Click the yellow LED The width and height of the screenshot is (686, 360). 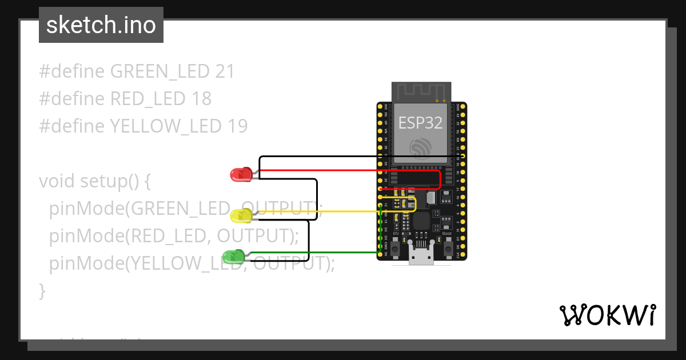pos(241,215)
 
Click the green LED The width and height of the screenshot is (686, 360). pos(233,257)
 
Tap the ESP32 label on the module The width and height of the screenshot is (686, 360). pos(421,122)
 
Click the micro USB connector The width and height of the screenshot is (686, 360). pos(421,257)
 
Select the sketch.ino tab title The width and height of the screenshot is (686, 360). pos(101,25)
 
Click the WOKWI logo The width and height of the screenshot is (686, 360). pos(607,315)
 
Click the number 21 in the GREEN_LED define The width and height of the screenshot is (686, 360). pos(225,71)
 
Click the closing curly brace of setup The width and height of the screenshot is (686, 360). pos(42,290)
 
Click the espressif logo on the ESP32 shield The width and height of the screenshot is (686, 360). pos(421,148)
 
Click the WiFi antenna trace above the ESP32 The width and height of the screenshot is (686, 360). pos(421,91)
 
